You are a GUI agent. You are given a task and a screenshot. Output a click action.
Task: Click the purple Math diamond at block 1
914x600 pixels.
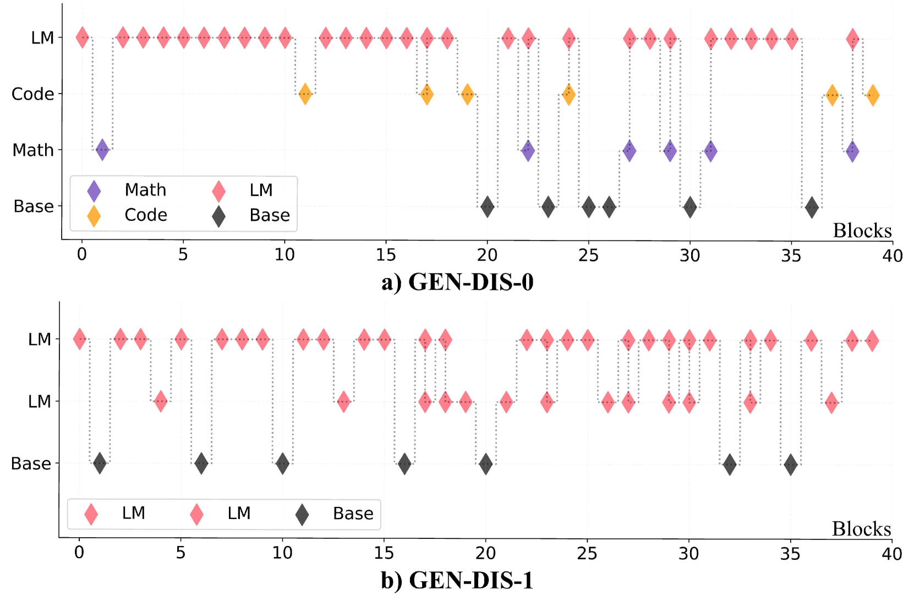[x=102, y=150]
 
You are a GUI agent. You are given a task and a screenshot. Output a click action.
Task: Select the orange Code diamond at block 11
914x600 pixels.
[x=305, y=94]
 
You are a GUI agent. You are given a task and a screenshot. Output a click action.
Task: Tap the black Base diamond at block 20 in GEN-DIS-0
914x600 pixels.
[x=487, y=207]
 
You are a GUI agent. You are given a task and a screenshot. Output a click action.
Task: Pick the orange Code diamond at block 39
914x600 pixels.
[x=872, y=95]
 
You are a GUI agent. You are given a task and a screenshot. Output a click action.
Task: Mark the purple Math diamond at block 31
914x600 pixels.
[x=710, y=151]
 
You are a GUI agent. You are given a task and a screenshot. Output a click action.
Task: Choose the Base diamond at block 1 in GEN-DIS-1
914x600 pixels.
[x=100, y=463]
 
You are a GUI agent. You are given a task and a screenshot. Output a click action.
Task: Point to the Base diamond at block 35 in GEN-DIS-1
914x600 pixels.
[x=790, y=465]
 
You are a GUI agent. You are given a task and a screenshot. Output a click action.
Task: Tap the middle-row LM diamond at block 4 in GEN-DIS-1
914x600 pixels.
[x=160, y=401]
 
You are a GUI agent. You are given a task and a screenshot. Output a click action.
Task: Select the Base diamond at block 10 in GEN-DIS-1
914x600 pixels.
[x=282, y=463]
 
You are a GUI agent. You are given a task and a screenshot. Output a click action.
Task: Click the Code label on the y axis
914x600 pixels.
[x=32, y=94]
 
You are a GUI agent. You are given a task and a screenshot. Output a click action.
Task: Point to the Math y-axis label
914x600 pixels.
[x=33, y=150]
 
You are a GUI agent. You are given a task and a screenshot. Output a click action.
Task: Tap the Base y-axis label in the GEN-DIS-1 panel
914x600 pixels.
[x=31, y=463]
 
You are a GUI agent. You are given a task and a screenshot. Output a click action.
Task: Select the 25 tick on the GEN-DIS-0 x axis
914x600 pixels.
[x=588, y=255]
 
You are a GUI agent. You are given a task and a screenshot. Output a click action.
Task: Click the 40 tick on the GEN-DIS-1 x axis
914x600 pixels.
[x=891, y=554]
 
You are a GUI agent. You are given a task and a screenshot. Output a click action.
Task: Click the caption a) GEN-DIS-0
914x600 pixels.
[x=457, y=282]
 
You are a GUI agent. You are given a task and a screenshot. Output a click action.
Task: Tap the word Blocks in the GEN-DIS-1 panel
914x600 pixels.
[x=861, y=529]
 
